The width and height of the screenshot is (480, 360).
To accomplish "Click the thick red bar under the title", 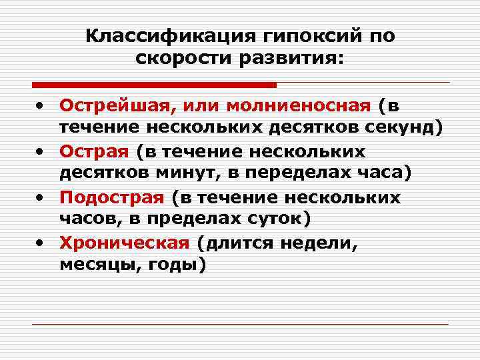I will pyautogui.click(x=154, y=85).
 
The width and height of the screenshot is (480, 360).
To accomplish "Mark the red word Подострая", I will pyautogui.click(x=111, y=198).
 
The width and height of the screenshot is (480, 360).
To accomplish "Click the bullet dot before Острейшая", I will pyautogui.click(x=41, y=106).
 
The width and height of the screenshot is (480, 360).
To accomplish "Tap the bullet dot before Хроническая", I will pyautogui.click(x=41, y=244).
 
